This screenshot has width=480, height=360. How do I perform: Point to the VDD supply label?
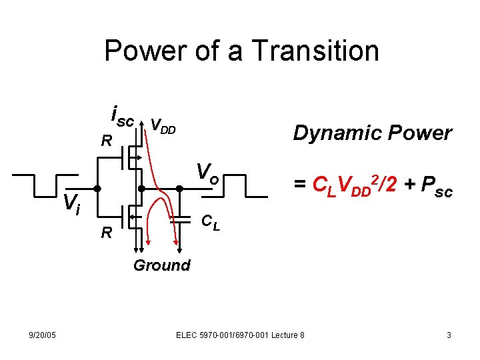click(x=163, y=125)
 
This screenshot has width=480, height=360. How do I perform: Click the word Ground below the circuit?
click(x=161, y=265)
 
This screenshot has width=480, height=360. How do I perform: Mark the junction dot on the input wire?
click(x=97, y=188)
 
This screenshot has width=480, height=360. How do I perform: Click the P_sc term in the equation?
click(x=435, y=190)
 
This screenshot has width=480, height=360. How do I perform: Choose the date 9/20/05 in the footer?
click(x=42, y=335)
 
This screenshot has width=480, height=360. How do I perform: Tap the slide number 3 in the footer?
click(x=449, y=335)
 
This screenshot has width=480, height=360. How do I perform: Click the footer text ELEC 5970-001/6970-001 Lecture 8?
click(x=240, y=335)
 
